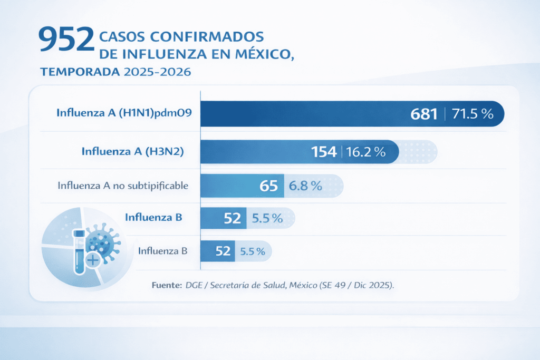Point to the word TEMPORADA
[x=80, y=72]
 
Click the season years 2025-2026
[x=157, y=72]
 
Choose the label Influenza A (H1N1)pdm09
[x=124, y=112]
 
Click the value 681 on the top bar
[x=424, y=114]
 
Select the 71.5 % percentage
[x=472, y=114]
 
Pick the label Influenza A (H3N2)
[x=136, y=151]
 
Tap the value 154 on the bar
[x=324, y=152]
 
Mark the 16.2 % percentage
[x=366, y=152]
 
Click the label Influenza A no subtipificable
[x=123, y=186]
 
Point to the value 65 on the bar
[x=269, y=186]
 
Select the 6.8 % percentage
[x=305, y=186]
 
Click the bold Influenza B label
[x=153, y=217]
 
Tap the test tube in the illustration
[x=80, y=251]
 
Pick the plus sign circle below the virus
[x=93, y=259]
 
